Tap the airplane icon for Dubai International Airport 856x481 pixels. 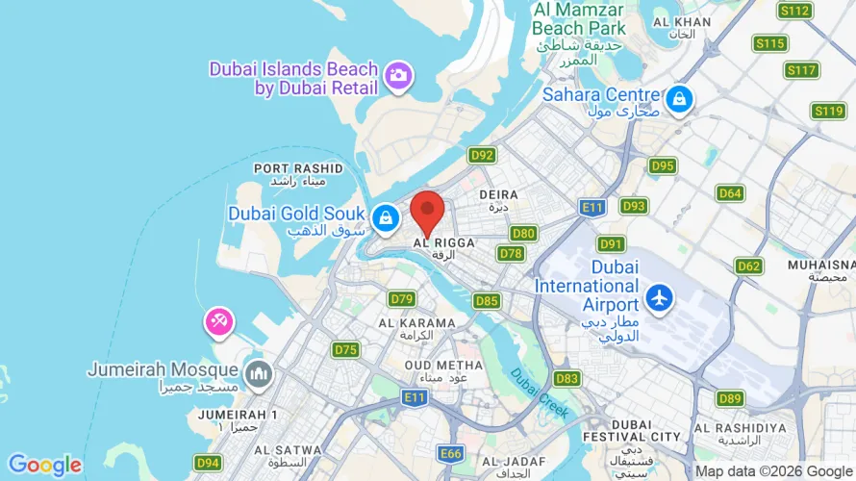coord(660,297)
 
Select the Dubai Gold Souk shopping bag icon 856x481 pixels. coord(385,218)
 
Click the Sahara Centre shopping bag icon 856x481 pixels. coord(679,97)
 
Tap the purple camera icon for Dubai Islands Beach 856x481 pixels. coord(397,75)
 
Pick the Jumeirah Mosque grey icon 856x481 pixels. coord(258,372)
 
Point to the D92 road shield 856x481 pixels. coord(482,154)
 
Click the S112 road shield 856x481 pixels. coord(795,11)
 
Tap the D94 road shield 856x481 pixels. coord(208,464)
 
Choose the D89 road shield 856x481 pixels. coord(730,398)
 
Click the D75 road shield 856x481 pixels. coord(345,349)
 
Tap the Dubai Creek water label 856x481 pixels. coord(540,392)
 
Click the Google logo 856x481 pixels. coord(45,466)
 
